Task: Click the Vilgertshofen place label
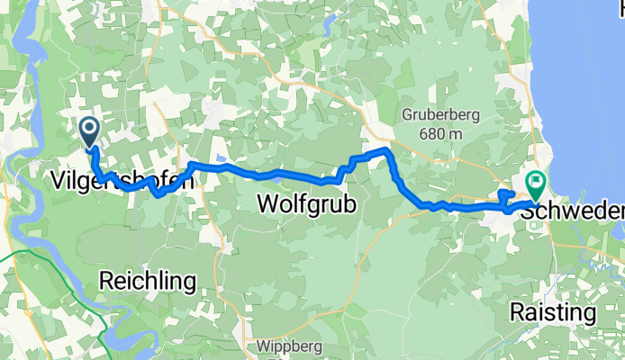(x=119, y=180)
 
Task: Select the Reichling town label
(x=147, y=281)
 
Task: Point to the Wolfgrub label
(x=306, y=205)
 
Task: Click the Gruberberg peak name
(x=440, y=115)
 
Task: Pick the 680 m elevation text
(x=440, y=133)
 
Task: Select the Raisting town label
(x=553, y=312)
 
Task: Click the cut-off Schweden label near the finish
(x=576, y=210)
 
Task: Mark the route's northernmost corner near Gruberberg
(x=386, y=148)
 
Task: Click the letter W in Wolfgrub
(x=267, y=205)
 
